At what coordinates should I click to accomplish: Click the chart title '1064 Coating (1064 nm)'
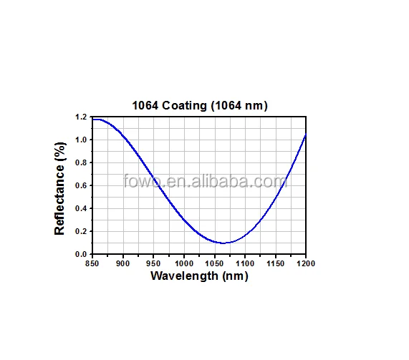point(199,105)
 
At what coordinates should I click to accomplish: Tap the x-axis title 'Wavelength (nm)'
point(199,276)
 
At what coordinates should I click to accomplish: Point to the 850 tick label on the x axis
point(92,263)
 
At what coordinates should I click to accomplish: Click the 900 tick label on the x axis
point(123,263)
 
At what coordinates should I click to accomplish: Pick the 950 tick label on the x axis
point(153,263)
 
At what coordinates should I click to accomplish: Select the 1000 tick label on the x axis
point(184,263)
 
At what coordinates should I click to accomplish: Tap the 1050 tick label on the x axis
point(214,263)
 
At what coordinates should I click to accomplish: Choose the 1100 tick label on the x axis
point(245,263)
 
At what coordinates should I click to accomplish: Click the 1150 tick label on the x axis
point(276,263)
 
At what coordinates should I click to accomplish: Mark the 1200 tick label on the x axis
point(306,263)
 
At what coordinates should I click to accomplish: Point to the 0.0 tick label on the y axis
point(80,254)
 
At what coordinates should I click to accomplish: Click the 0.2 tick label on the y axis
point(80,231)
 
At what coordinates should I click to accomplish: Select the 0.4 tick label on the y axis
point(80,208)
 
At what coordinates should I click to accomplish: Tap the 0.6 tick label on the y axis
point(80,185)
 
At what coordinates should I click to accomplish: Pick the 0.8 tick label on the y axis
point(80,162)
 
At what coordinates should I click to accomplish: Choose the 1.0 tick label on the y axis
point(80,140)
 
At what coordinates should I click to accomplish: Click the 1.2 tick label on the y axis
point(80,117)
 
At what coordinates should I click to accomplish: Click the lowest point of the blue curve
point(223,243)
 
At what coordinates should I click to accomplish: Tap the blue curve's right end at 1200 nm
point(306,135)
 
